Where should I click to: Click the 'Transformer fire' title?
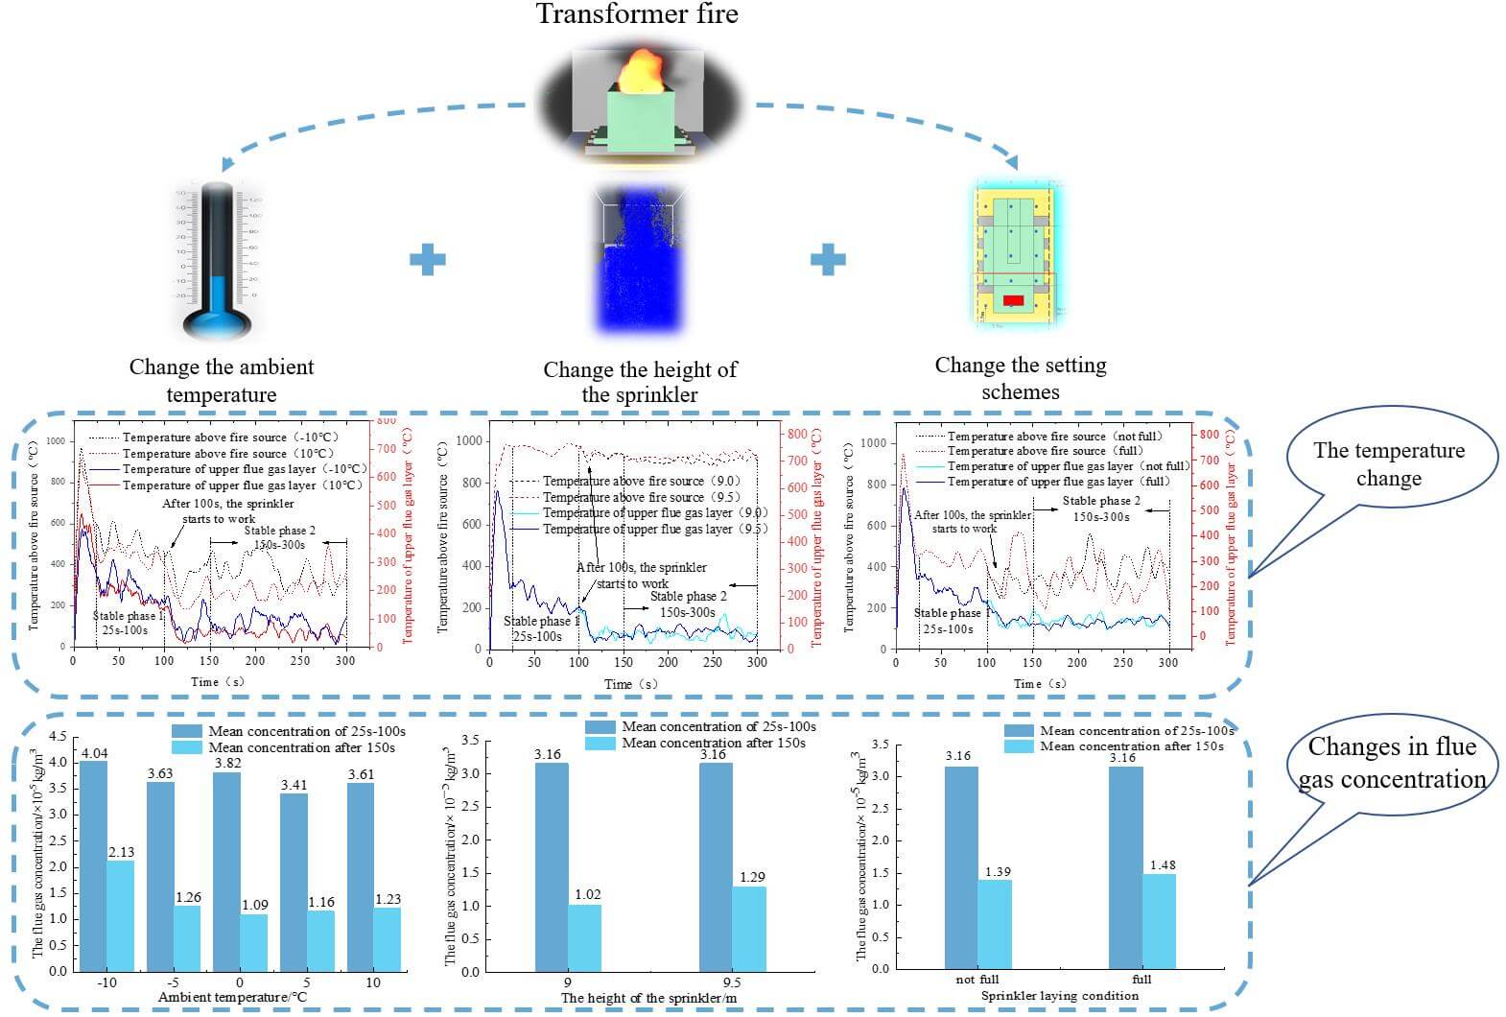pos(637,14)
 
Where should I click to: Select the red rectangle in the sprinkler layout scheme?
pos(1013,300)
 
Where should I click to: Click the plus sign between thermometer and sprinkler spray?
pos(427,259)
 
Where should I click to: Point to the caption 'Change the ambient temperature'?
pos(222,380)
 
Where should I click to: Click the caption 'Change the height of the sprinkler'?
pos(640,382)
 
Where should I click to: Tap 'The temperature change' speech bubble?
pos(1388,464)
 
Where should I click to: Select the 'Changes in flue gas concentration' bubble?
pos(1392,763)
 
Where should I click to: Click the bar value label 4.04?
pos(94,753)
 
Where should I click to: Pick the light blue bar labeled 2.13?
pos(120,915)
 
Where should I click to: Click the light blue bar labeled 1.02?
pos(584,937)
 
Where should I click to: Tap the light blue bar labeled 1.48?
pos(1159,920)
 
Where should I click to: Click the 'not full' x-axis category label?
pos(977,980)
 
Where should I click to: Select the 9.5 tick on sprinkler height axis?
pos(732,982)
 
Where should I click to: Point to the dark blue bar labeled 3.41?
pos(294,882)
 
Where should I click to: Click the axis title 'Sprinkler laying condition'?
pos(1059,996)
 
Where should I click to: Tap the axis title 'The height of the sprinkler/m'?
pos(649,999)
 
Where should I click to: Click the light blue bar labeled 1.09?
pos(253,942)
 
